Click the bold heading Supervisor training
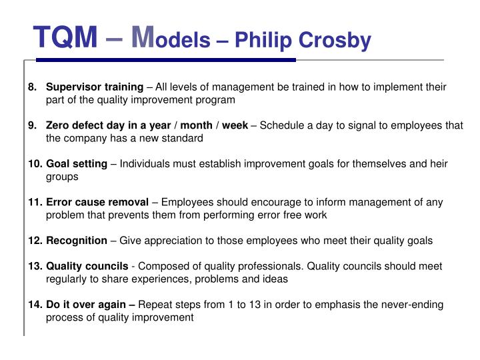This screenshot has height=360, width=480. point(94,87)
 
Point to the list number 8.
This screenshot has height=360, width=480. point(32,87)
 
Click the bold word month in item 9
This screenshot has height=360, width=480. point(195,125)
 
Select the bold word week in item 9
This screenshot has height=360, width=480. point(235,125)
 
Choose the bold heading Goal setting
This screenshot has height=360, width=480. point(76,164)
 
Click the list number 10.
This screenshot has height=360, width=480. point(35,164)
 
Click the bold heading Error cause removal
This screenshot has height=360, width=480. point(97,202)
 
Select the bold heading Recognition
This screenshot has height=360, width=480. point(76,241)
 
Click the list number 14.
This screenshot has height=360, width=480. point(35,305)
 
